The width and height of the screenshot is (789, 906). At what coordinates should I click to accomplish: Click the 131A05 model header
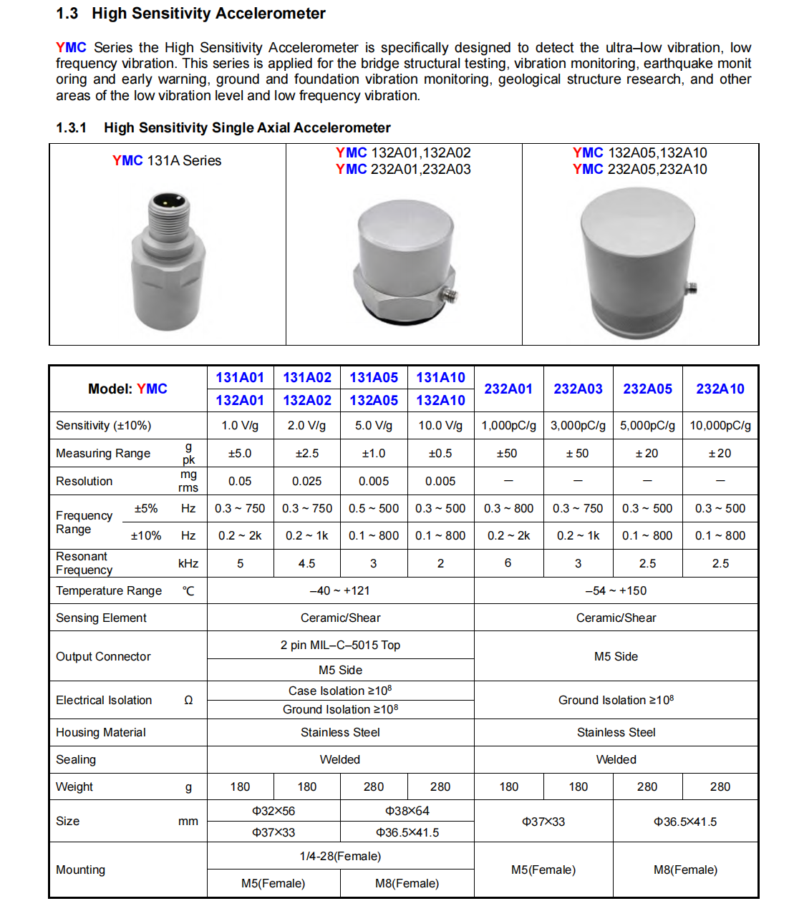point(374,377)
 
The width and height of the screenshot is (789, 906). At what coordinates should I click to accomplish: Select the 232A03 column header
point(578,389)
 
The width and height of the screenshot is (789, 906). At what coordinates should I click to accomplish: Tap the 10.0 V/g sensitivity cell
point(440,425)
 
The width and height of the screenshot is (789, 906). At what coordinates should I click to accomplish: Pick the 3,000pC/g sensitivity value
point(578,425)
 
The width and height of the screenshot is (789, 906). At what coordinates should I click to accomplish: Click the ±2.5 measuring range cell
point(306,453)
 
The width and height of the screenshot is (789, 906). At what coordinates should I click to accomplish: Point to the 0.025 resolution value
point(306,481)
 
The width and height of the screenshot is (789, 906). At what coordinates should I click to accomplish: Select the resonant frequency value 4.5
point(306,563)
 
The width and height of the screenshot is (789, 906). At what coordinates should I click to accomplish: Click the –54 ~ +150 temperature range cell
point(616,590)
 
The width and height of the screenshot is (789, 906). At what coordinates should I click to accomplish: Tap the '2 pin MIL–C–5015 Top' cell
point(340,645)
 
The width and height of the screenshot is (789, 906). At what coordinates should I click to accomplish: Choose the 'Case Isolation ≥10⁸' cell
point(340,691)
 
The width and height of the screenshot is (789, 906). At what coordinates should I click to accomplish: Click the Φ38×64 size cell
point(407,811)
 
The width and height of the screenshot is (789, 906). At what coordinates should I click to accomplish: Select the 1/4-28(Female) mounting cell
point(340,856)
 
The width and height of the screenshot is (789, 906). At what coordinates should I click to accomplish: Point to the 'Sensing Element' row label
point(101,618)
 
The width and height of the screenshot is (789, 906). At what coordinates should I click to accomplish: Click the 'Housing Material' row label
point(101,732)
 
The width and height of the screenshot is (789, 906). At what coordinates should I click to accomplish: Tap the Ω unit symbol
point(188,700)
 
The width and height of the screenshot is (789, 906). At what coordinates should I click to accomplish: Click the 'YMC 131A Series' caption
point(167,160)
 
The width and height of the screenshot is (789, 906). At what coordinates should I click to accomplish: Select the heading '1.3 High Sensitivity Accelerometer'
point(190,14)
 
